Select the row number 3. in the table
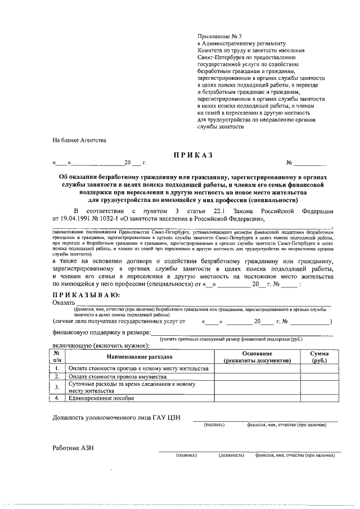point(58,387)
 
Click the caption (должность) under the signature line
point(231,454)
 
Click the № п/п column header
point(58,357)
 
